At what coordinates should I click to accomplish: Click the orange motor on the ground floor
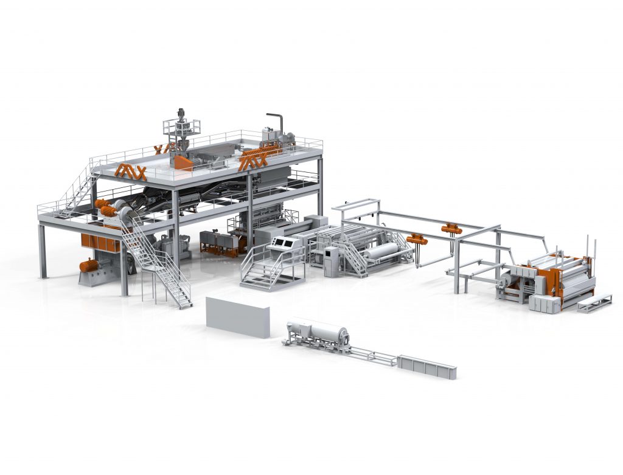(x=89, y=266)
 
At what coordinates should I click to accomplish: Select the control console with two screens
(x=283, y=243)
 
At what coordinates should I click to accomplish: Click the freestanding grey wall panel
(x=237, y=316)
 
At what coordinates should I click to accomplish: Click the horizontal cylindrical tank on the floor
(x=316, y=331)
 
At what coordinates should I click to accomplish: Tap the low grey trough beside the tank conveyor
(x=426, y=365)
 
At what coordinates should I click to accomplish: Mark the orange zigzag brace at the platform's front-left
(x=131, y=172)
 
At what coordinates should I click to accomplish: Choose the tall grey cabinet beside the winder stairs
(x=332, y=262)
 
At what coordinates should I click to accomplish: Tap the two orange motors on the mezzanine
(x=106, y=208)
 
